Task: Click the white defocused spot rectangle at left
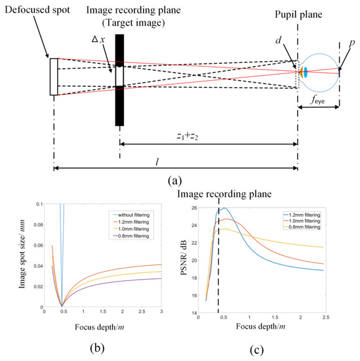pos(54,77)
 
